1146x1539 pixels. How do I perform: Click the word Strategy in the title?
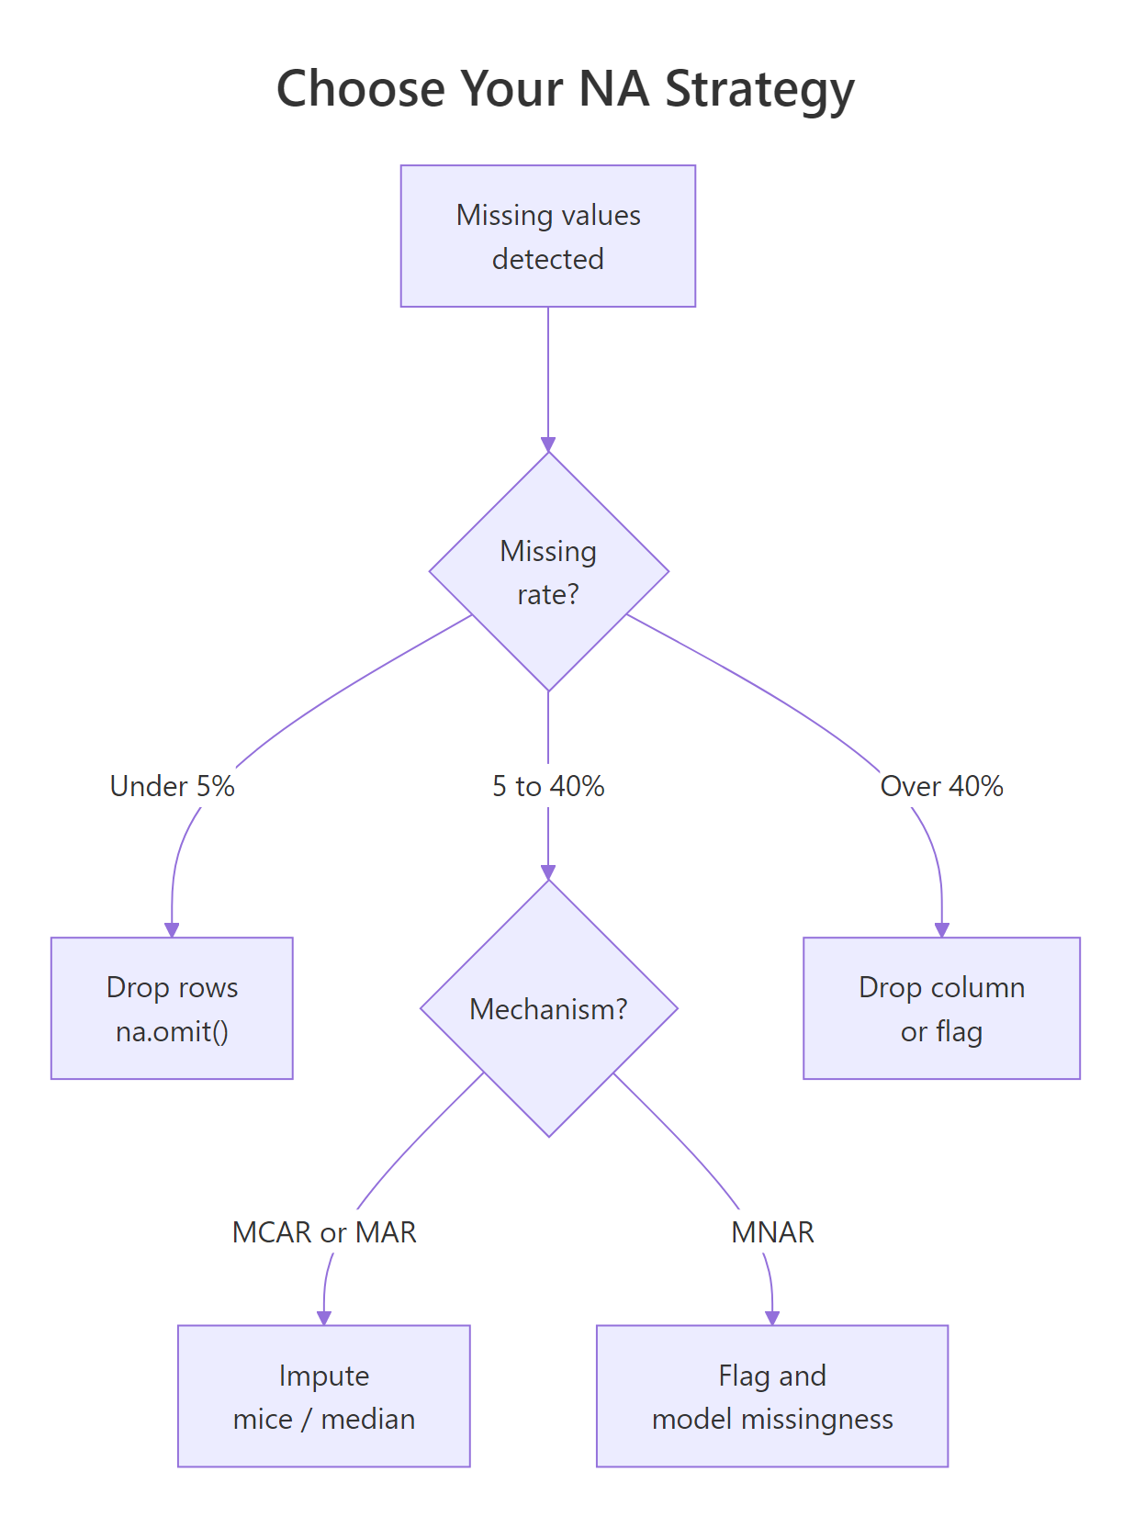tap(759, 90)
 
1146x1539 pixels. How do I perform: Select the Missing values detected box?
tap(548, 236)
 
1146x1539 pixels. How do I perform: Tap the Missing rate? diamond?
tap(548, 571)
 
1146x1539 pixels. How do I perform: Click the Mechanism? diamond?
tap(548, 1008)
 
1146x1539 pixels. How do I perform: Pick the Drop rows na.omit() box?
tap(172, 1008)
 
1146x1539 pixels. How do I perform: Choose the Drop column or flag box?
tap(941, 1008)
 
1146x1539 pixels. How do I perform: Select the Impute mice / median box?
tap(323, 1396)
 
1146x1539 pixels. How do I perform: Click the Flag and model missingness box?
tap(771, 1396)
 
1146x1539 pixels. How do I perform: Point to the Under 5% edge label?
tap(172, 786)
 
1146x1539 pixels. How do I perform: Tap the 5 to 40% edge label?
tap(548, 786)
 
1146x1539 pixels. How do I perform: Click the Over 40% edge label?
tap(941, 786)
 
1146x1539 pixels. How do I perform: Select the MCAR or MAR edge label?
tap(323, 1231)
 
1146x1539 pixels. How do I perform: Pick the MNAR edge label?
tap(771, 1231)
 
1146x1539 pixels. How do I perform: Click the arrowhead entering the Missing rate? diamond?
tap(548, 444)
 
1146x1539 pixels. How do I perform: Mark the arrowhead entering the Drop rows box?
tap(172, 929)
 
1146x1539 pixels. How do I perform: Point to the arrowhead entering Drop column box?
tap(941, 929)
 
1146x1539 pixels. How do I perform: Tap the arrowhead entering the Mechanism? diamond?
tap(548, 872)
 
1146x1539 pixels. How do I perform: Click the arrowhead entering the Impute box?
tap(323, 1318)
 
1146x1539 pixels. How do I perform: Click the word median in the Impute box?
tap(367, 1419)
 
